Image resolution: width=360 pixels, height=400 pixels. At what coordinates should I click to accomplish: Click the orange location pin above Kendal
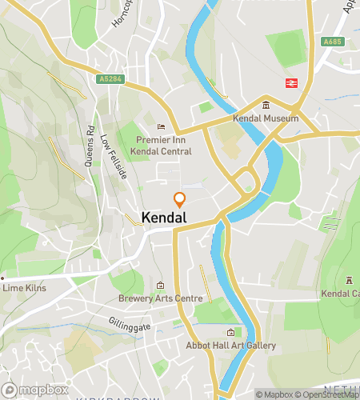click(179, 200)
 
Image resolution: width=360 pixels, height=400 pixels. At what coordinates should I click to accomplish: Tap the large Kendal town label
click(164, 218)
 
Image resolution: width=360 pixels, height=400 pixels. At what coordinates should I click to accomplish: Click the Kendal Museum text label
click(266, 118)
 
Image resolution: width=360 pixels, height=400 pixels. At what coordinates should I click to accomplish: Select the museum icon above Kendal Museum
click(266, 106)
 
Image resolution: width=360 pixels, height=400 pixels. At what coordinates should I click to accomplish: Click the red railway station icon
click(290, 82)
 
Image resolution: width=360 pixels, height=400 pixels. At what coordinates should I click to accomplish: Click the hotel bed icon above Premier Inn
click(161, 126)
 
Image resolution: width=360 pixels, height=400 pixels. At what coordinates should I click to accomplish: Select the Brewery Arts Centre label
click(161, 298)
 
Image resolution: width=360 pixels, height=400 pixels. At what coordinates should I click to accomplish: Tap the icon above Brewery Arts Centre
click(160, 286)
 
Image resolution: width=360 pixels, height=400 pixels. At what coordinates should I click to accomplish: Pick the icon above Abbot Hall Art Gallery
click(231, 333)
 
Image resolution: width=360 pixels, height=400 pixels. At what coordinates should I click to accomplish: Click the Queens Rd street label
click(90, 140)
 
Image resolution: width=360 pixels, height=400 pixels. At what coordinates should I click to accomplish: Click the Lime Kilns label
click(24, 288)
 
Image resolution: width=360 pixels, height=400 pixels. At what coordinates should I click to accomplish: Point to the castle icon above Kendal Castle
click(349, 280)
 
